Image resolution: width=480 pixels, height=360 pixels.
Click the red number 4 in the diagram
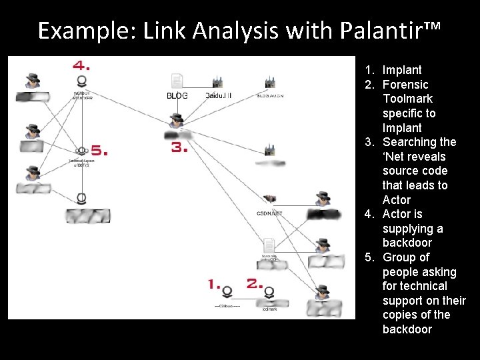pyautogui.click(x=82, y=66)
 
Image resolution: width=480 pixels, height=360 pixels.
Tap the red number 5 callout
pyautogui.click(x=99, y=151)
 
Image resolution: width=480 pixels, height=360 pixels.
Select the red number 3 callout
pyautogui.click(x=179, y=148)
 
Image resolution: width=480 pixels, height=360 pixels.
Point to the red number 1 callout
pyautogui.click(x=214, y=284)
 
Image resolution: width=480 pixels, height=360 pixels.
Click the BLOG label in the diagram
pyautogui.click(x=177, y=96)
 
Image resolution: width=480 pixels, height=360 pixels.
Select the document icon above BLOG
pyautogui.click(x=177, y=81)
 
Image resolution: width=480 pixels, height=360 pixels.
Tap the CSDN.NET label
pyautogui.click(x=270, y=213)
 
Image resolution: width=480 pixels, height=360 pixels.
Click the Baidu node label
pyautogui.click(x=219, y=96)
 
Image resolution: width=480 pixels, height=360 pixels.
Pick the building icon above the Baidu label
pyautogui.click(x=217, y=83)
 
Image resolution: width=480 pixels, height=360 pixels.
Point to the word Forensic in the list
pyautogui.click(x=405, y=85)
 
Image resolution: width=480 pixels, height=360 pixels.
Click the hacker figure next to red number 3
pyautogui.click(x=176, y=120)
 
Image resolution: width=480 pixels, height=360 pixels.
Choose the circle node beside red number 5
pyautogui.click(x=82, y=151)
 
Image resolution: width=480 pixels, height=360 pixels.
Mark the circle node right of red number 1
pyautogui.click(x=227, y=292)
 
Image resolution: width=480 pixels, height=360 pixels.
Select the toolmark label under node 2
pyautogui.click(x=269, y=309)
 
